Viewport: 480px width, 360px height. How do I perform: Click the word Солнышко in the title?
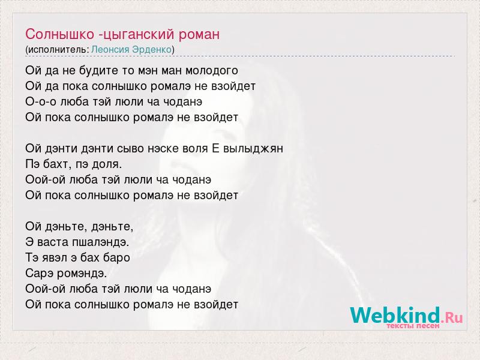pyautogui.click(x=59, y=34)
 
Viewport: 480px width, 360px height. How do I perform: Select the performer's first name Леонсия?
pyautogui.click(x=110, y=50)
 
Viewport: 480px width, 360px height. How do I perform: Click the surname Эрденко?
pyautogui.click(x=152, y=50)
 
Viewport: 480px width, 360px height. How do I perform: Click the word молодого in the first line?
pyautogui.click(x=212, y=71)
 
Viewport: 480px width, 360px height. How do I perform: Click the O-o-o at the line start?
pyautogui.click(x=41, y=101)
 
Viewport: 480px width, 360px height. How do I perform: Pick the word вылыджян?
pyautogui.click(x=253, y=149)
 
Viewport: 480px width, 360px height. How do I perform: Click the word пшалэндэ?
pyautogui.click(x=100, y=243)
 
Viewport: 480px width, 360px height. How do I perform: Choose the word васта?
pyautogui.click(x=53, y=243)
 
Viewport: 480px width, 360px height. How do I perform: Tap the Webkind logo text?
pyautogui.click(x=406, y=315)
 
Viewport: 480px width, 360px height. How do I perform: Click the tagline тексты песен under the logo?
pyautogui.click(x=413, y=326)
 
